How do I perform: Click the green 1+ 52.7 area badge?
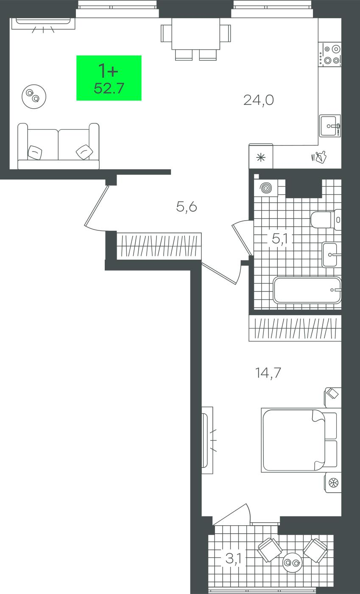(x=109, y=78)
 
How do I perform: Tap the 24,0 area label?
(x=259, y=100)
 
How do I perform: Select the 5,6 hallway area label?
(x=187, y=207)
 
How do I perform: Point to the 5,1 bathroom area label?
(x=279, y=239)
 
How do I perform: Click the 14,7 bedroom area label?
(x=268, y=373)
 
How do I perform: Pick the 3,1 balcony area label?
(x=233, y=559)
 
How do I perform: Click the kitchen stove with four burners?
(x=330, y=55)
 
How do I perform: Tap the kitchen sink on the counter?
(x=330, y=126)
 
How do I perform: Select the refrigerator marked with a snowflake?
(x=261, y=157)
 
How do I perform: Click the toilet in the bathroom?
(x=326, y=220)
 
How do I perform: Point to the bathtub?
(x=307, y=290)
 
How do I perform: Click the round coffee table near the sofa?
(x=34, y=97)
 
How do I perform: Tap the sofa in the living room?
(x=59, y=146)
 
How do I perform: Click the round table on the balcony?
(x=293, y=563)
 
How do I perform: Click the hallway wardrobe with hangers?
(x=159, y=246)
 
